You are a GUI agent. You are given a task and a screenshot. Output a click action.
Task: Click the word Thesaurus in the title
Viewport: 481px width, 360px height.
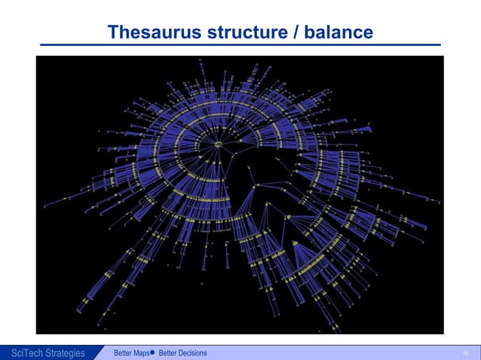pyautogui.click(x=148, y=32)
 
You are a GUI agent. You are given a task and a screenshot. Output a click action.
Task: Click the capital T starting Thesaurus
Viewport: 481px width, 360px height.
pyautogui.click(x=113, y=32)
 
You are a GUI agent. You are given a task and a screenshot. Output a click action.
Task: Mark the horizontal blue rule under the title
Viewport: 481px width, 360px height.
pyautogui.click(x=240, y=45)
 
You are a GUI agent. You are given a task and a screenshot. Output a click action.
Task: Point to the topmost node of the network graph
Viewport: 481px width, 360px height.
pyautogui.click(x=201, y=59)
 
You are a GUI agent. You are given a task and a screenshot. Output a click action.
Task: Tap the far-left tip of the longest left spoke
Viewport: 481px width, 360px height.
pyautogui.click(x=44, y=206)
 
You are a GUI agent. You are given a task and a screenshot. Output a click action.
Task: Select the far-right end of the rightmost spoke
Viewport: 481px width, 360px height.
pyautogui.click(x=440, y=201)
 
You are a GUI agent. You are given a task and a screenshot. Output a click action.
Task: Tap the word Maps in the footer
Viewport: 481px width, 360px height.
pyautogui.click(x=140, y=353)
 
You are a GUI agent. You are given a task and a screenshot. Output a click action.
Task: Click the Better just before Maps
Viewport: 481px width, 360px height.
pyautogui.click(x=123, y=353)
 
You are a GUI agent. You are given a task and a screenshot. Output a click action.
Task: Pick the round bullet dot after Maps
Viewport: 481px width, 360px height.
pyautogui.click(x=152, y=352)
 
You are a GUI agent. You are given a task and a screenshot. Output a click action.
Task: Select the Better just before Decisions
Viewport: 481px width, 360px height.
pyautogui.click(x=168, y=353)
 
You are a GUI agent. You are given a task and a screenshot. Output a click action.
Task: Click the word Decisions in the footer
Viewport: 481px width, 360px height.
pyautogui.click(x=193, y=353)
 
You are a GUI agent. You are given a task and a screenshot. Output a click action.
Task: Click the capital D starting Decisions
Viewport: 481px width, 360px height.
pyautogui.click(x=182, y=353)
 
